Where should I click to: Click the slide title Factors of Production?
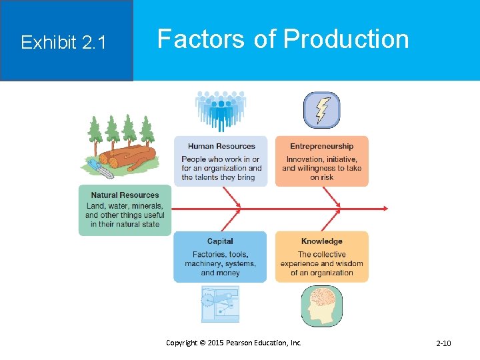(283, 39)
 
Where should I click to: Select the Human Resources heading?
(221, 146)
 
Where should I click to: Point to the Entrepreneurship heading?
(321, 146)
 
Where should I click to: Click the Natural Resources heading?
(125, 195)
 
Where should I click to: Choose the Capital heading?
(220, 241)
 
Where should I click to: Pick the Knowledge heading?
(321, 241)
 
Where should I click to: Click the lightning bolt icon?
(321, 110)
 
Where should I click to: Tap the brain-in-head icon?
(321, 305)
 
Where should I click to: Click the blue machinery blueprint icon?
(220, 304)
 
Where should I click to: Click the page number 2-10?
(443, 343)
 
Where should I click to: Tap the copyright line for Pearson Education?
(233, 343)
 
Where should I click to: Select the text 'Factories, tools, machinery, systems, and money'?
(220, 263)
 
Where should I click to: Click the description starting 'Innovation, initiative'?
(321, 168)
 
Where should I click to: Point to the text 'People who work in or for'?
(221, 168)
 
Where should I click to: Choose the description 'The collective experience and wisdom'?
(321, 263)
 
